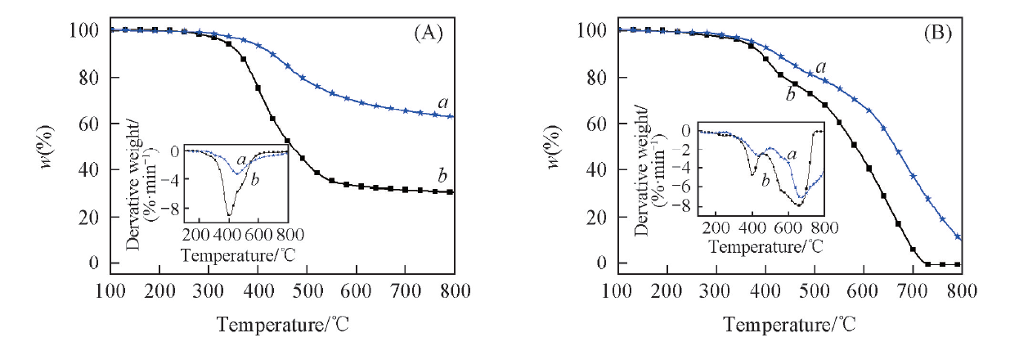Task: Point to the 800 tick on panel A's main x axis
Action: click(x=454, y=290)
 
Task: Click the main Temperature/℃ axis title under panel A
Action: click(x=282, y=325)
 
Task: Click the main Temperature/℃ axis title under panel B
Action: click(x=788, y=325)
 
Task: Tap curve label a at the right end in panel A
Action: click(x=442, y=102)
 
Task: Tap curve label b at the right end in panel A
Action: click(x=442, y=177)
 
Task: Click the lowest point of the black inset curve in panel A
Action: click(x=230, y=215)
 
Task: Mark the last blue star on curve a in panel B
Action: click(x=958, y=237)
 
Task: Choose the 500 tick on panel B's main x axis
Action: click(x=814, y=290)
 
